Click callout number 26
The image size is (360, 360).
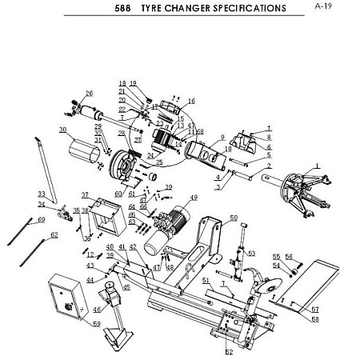[90, 93]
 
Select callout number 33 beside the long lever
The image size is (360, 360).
[42, 194]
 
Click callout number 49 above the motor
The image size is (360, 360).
[193, 198]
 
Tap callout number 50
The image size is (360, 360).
[234, 217]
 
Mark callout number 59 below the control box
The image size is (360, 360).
[97, 324]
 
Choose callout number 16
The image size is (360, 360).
[191, 101]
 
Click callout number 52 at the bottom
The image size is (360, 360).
[229, 351]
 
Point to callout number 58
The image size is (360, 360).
[315, 319]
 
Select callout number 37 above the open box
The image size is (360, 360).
[85, 194]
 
